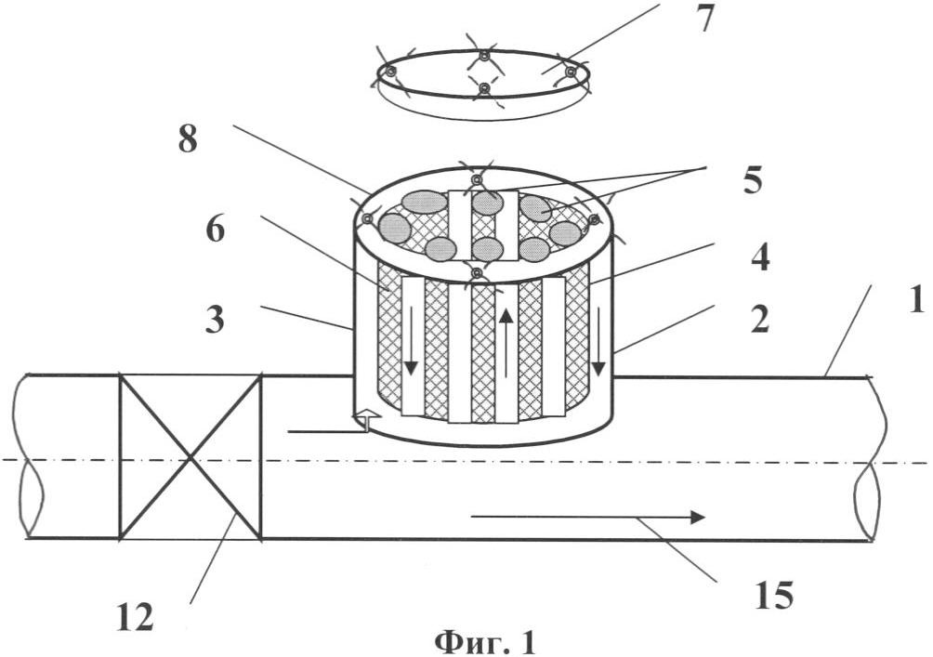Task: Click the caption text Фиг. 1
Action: point(485,642)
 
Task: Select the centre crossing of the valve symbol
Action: point(191,457)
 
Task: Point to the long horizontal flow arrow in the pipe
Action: point(588,517)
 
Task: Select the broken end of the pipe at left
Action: point(29,456)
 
